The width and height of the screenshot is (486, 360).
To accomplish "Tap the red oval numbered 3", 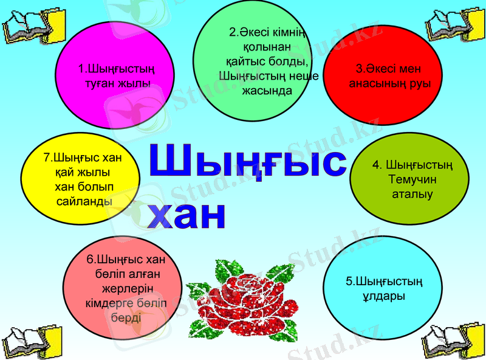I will click(x=389, y=75).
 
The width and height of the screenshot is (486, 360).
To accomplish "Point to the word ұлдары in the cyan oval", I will click(x=383, y=296).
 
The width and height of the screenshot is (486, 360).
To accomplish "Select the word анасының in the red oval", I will click(x=374, y=83).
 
